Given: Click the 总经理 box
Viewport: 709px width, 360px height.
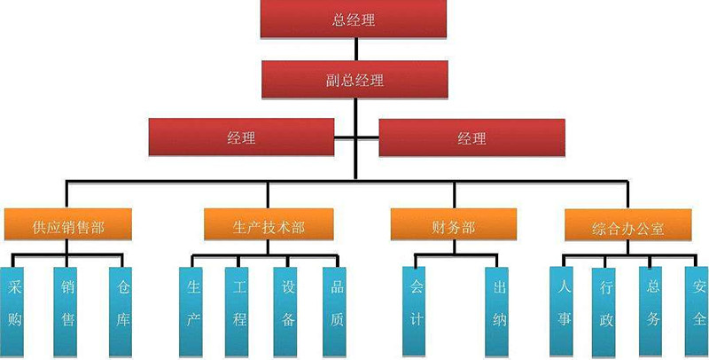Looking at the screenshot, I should tap(354, 20).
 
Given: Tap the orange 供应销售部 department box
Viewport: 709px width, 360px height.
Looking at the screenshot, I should tap(67, 226).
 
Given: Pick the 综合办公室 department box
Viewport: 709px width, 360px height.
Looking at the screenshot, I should tap(627, 227).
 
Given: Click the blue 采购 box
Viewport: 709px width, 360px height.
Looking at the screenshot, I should tap(14, 306).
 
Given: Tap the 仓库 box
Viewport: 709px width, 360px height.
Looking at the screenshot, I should tap(122, 306).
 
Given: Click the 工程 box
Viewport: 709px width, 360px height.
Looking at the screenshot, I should tap(238, 306).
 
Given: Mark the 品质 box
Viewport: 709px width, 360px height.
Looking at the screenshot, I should tap(336, 306).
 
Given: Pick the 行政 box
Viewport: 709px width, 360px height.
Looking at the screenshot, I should tap(606, 306).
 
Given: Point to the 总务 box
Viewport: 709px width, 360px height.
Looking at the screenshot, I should tap(653, 306).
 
